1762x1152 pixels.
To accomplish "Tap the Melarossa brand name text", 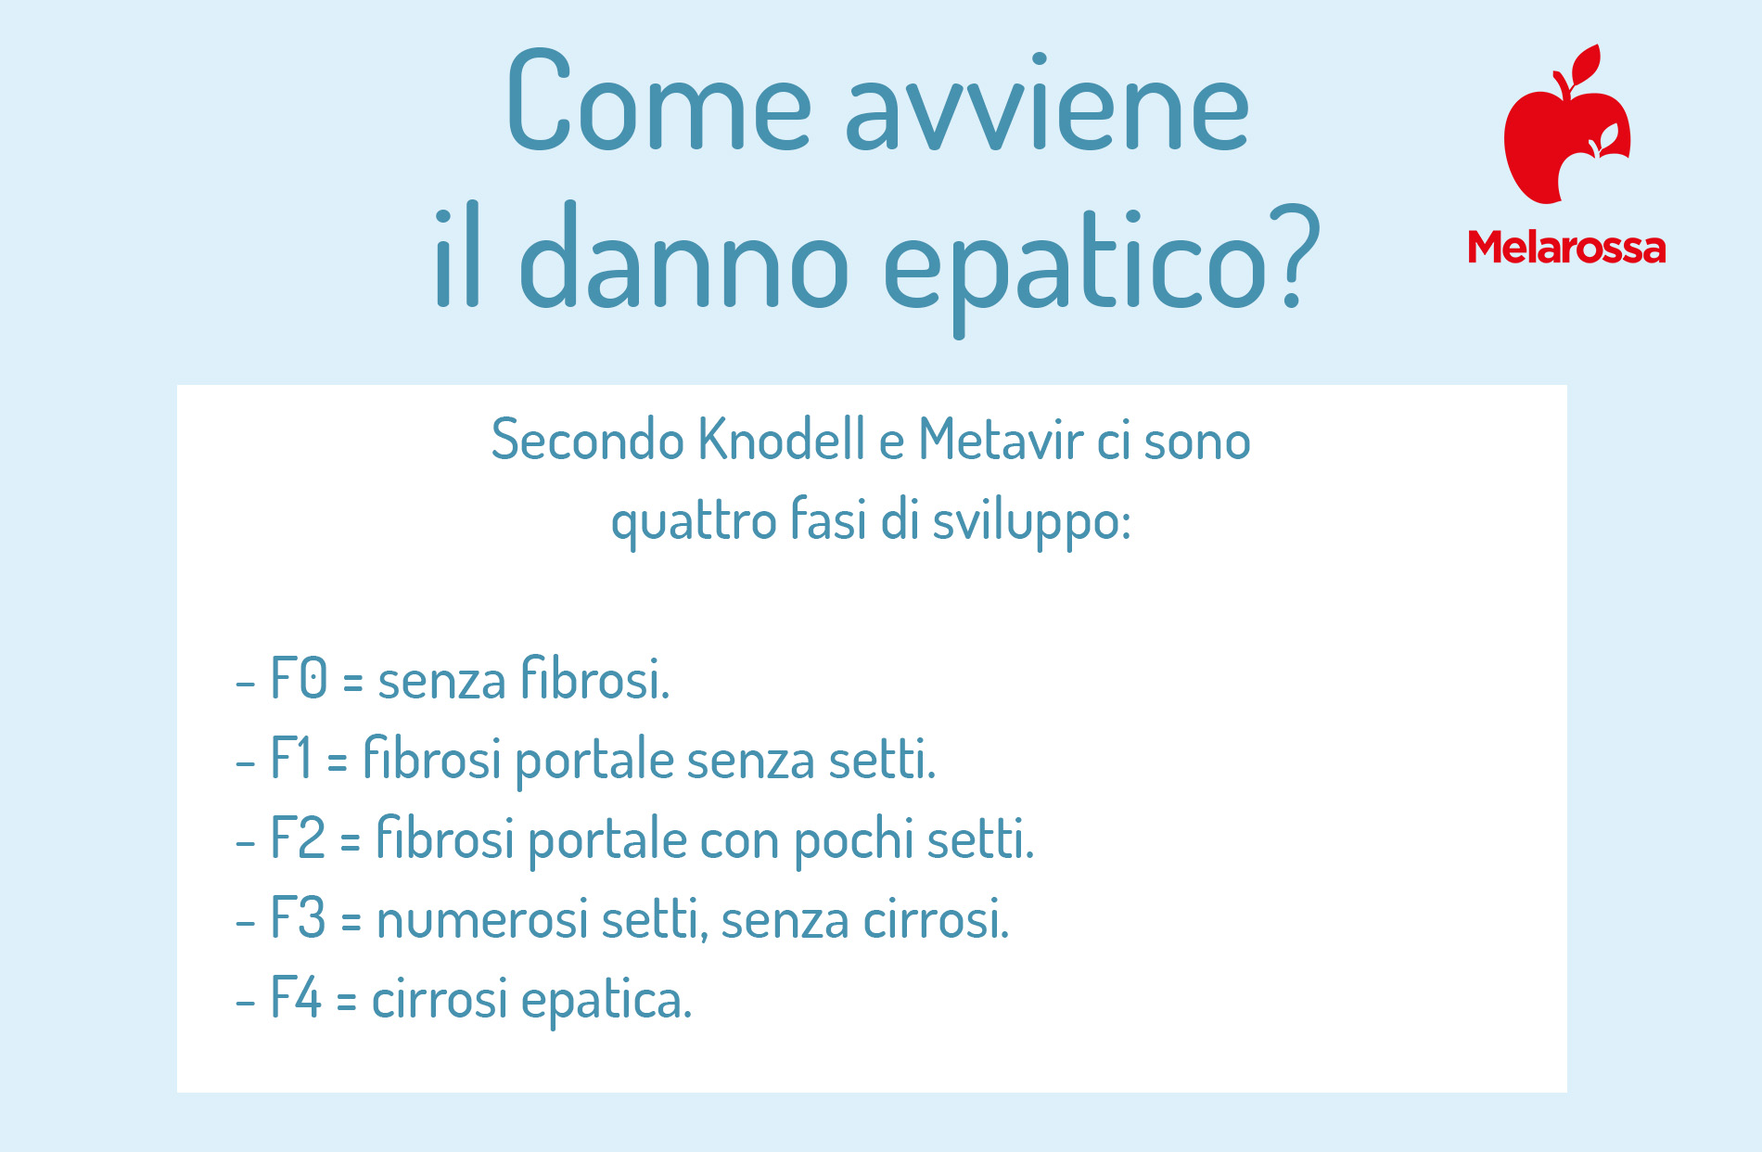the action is pos(1566,247).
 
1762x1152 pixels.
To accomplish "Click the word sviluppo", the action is pos(1031,521).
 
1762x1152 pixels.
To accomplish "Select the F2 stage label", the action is pos(298,838).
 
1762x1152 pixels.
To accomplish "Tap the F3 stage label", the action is pos(298,917).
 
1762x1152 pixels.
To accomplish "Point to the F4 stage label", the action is pos(296,997).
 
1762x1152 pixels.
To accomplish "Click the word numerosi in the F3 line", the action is pos(482,921).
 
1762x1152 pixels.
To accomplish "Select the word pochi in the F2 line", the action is pos(853,839).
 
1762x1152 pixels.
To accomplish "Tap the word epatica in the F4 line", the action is pos(606,1000).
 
